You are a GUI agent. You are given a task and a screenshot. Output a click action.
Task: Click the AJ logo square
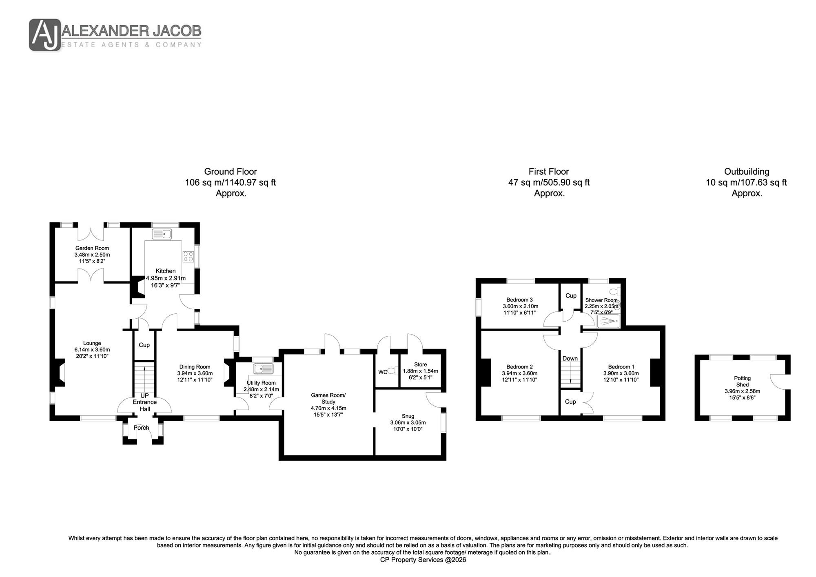click(x=45, y=35)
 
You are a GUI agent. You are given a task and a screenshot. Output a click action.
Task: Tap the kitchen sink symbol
click(x=162, y=234)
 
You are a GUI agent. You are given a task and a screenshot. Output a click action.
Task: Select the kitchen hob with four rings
click(x=188, y=256)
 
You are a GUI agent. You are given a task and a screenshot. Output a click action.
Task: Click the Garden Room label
click(x=92, y=248)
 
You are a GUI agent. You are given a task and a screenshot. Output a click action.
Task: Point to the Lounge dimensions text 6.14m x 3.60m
click(x=92, y=350)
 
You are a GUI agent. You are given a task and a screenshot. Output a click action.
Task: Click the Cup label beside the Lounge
click(x=144, y=345)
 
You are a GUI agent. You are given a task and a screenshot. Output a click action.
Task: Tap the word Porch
click(x=142, y=428)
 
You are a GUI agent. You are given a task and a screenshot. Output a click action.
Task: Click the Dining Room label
click(x=194, y=367)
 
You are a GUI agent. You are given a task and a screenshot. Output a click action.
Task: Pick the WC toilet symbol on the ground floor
click(x=392, y=371)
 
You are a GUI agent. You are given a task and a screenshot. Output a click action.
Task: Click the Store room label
click(x=421, y=364)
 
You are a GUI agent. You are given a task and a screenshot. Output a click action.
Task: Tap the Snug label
click(x=408, y=416)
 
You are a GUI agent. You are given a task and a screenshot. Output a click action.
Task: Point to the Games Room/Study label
click(x=328, y=398)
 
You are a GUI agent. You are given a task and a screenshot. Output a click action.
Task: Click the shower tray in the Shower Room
click(x=608, y=321)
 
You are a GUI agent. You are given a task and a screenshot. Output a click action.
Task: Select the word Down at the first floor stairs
click(x=570, y=358)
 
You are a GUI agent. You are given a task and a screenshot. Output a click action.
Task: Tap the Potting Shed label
click(x=743, y=382)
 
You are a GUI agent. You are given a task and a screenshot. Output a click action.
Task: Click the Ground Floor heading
click(x=231, y=171)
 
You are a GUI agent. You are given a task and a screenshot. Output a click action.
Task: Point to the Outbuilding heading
click(x=747, y=171)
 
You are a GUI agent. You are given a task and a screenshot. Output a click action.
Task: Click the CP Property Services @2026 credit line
click(x=423, y=560)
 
